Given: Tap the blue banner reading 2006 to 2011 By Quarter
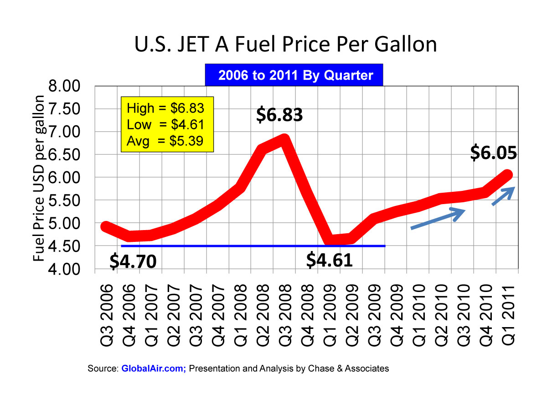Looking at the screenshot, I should pos(295,75).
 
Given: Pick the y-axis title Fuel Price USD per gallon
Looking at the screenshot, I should pos(39,179).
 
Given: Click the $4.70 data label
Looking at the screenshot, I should pos(133,261).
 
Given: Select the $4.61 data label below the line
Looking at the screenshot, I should pos(329,260).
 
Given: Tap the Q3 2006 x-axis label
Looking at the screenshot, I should pos(107,314).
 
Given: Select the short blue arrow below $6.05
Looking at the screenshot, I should pos(504,196).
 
